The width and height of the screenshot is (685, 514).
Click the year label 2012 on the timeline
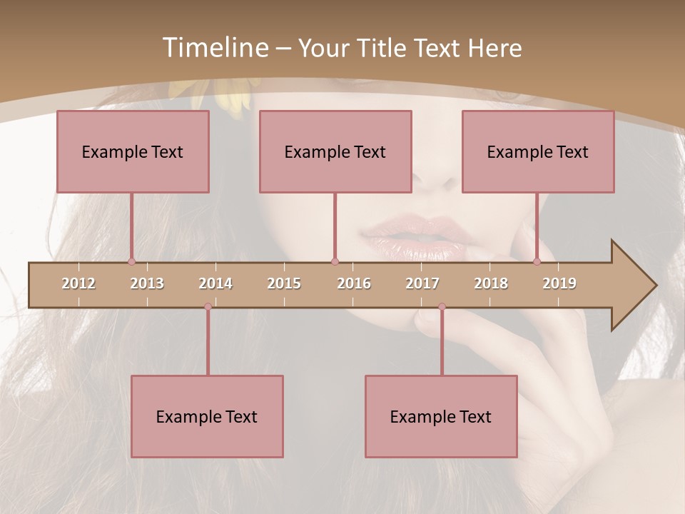[78, 283]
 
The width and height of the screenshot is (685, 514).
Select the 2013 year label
[147, 283]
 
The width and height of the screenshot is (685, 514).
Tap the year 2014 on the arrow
[215, 283]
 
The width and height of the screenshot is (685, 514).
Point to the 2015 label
[284, 283]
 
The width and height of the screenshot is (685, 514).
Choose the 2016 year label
[354, 283]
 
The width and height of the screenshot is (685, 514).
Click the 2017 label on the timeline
[422, 283]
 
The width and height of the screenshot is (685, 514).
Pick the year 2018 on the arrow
[491, 283]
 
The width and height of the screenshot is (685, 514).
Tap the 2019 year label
[559, 283]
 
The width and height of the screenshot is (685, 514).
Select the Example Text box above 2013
[133, 151]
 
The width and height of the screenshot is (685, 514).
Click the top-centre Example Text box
[335, 151]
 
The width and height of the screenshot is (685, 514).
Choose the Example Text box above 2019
[538, 151]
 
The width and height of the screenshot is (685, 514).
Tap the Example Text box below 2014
[207, 416]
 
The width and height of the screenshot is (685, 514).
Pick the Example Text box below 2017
[441, 416]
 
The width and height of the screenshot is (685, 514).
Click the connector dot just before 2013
[131, 262]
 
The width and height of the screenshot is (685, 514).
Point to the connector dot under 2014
[208, 306]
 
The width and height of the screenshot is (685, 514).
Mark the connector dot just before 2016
[335, 262]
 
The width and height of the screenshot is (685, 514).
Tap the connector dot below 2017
[442, 306]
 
